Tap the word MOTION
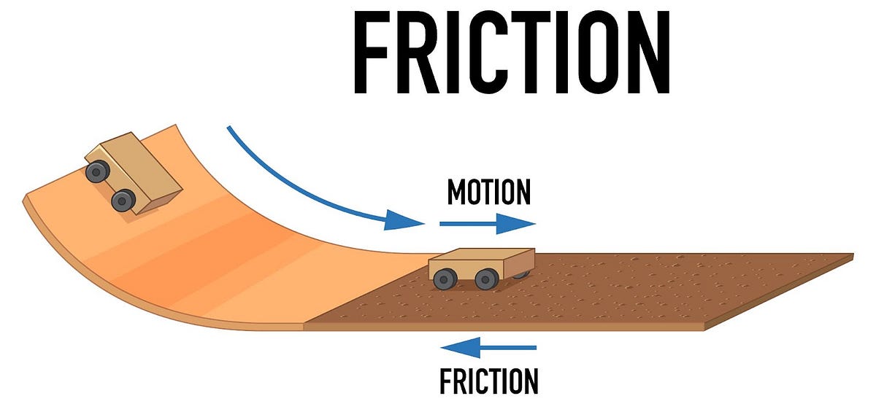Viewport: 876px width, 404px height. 488,193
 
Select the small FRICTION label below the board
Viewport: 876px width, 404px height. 488,381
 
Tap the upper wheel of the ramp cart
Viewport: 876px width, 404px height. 97,171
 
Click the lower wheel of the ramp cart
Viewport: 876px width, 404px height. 123,199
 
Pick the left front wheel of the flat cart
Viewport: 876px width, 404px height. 445,278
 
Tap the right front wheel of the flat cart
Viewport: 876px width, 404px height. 485,278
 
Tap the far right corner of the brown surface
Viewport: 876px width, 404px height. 851,255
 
